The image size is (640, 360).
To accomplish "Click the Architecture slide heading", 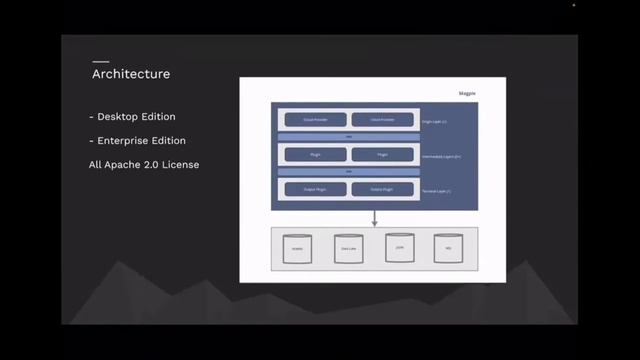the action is point(131,74).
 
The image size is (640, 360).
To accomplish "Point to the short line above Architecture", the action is point(100,62).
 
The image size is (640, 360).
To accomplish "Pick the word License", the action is point(184,164).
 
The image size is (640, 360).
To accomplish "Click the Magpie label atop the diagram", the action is point(467,93).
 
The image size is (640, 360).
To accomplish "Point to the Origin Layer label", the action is point(436,122).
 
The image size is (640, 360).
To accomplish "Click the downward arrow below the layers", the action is point(374,218).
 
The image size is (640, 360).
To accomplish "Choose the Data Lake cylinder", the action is point(348,248).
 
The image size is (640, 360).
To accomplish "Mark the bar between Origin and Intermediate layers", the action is point(348,138).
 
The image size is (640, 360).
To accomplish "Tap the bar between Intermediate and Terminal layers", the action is point(348,172).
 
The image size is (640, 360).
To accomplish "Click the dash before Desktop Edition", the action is point(91,118).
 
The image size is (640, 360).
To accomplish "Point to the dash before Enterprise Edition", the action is point(91,141).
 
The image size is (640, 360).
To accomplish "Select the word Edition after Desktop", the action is point(163,118).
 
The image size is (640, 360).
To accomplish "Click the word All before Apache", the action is point(96,164).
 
